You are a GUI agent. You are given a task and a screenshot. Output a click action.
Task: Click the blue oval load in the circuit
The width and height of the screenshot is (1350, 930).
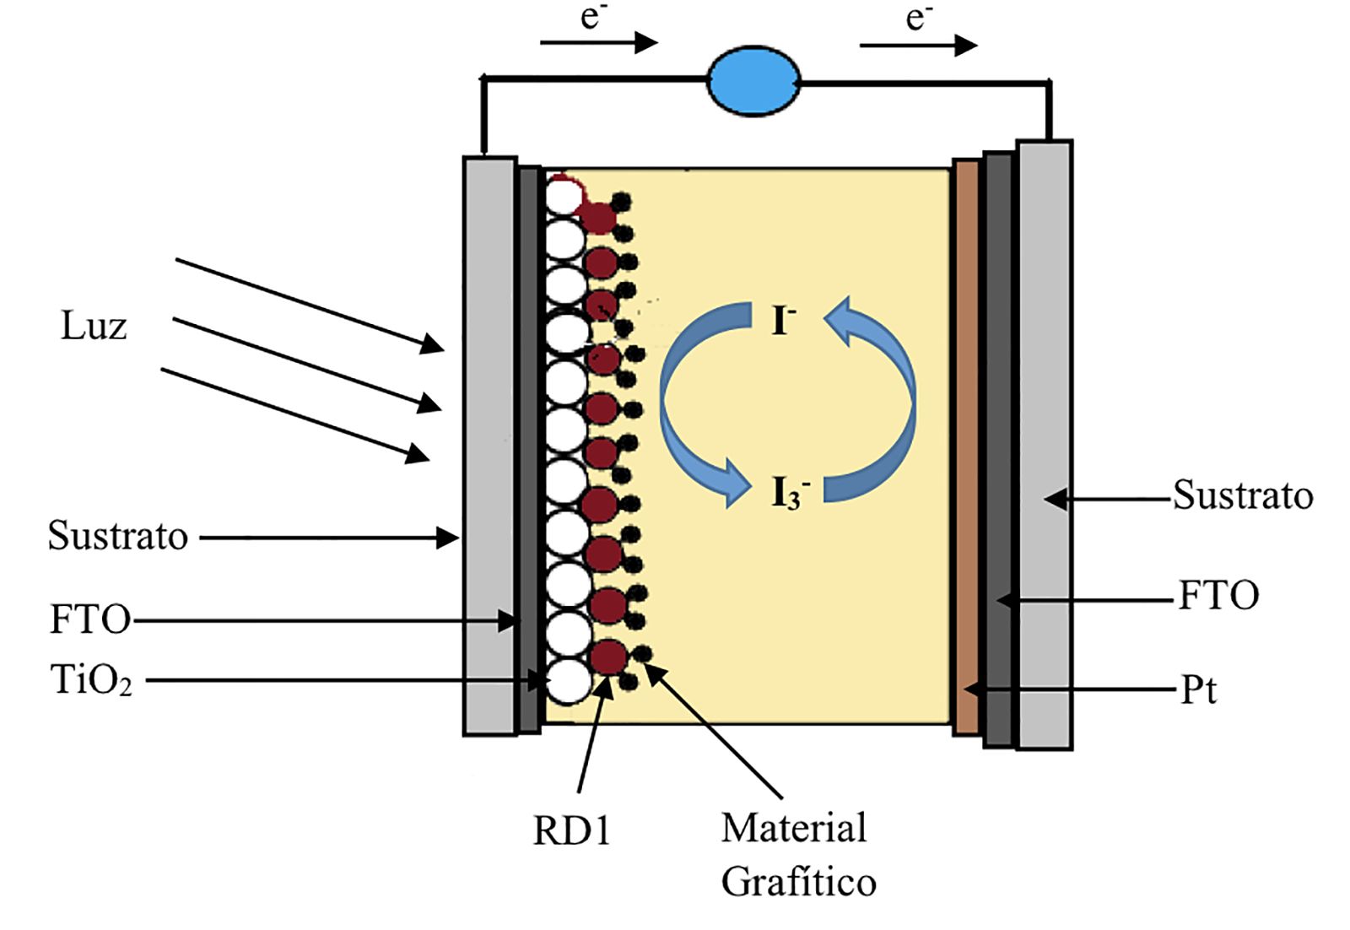(x=753, y=81)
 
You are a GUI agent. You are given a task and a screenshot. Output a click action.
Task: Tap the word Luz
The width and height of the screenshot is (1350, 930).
(x=94, y=326)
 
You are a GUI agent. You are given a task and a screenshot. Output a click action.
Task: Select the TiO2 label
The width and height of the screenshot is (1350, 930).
(x=91, y=680)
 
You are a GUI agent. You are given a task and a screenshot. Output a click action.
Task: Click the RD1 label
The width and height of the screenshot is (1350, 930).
(x=571, y=831)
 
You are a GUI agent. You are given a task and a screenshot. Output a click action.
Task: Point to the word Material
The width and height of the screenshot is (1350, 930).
(x=793, y=828)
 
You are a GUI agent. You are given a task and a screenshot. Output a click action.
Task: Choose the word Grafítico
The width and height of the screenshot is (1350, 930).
(x=798, y=882)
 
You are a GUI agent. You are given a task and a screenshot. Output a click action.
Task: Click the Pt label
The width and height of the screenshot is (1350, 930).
(x=1198, y=690)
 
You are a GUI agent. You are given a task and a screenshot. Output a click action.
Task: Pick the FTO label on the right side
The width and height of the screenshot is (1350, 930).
(x=1218, y=596)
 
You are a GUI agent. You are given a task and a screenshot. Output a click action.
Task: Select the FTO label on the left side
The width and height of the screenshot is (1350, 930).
(x=90, y=620)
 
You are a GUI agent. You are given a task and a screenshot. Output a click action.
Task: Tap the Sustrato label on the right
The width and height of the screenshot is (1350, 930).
(x=1242, y=495)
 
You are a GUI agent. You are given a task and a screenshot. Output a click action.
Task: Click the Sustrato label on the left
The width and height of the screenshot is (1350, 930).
(x=117, y=536)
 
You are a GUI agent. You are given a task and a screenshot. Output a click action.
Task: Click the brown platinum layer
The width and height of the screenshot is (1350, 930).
(x=966, y=447)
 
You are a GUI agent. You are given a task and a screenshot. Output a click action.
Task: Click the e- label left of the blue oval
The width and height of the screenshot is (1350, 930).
(x=593, y=17)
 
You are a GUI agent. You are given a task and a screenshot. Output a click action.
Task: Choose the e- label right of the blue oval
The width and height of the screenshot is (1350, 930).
(x=918, y=17)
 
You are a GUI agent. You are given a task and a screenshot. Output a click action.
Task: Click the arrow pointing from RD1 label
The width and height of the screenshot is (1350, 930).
(x=592, y=734)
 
